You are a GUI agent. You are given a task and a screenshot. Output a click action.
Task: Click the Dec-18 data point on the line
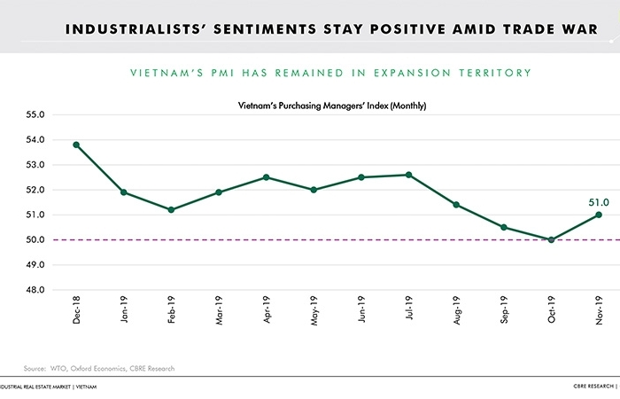coord(76,145)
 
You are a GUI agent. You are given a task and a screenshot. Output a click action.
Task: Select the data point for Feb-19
coord(171,209)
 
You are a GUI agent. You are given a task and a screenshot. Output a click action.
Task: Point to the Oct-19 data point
coord(551,239)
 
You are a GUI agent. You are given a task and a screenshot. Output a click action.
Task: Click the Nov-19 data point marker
coord(599,215)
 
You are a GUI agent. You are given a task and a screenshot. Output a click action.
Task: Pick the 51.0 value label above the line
coord(599,202)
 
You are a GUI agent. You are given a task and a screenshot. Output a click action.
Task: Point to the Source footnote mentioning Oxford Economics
coord(99,368)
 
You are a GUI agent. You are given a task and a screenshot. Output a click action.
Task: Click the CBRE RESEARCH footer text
coord(593,387)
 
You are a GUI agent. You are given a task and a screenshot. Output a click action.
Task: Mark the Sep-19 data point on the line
coord(504,227)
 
